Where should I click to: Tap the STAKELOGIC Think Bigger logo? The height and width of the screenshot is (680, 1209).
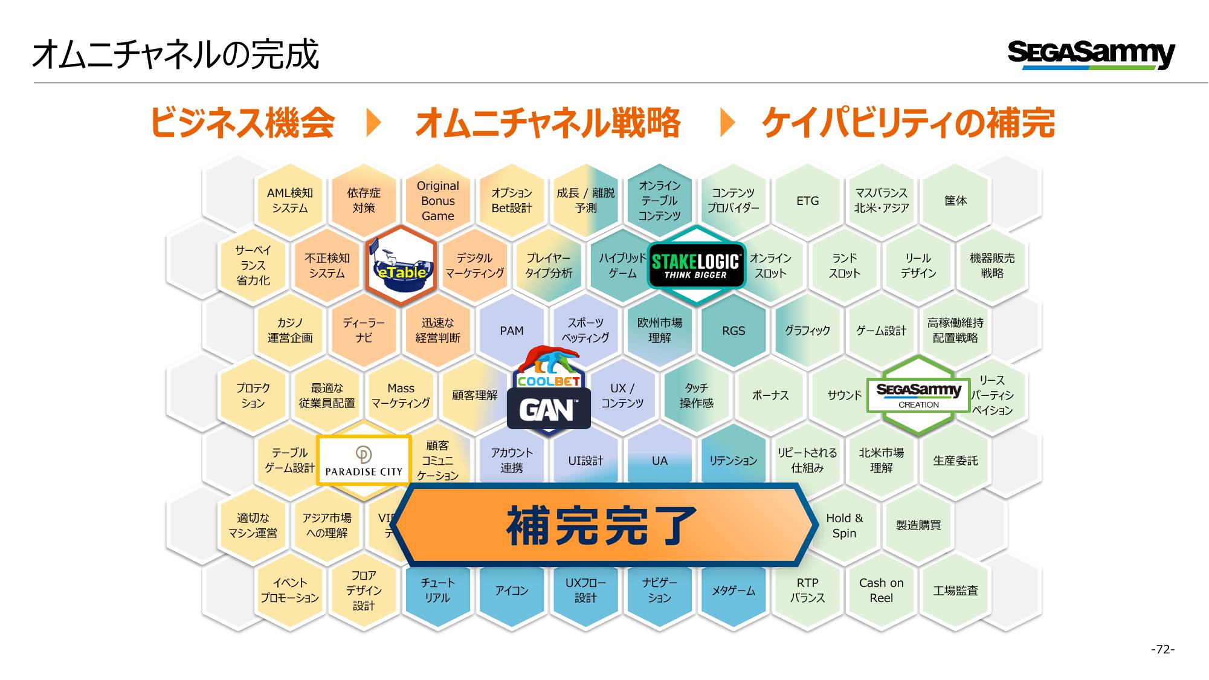(x=696, y=267)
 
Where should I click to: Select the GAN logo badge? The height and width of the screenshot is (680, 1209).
(x=549, y=409)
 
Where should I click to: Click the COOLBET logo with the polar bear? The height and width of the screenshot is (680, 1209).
(x=549, y=367)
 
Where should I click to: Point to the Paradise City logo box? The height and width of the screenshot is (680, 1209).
(x=364, y=460)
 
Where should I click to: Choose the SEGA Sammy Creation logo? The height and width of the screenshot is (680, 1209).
(x=918, y=395)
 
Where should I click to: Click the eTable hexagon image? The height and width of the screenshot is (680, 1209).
(x=401, y=266)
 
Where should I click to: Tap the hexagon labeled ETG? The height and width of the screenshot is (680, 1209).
(x=807, y=201)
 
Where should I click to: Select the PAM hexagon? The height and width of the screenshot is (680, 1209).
(x=512, y=331)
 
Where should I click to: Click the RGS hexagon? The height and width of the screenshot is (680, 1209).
(x=733, y=331)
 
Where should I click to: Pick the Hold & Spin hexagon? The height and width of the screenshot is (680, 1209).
(x=844, y=525)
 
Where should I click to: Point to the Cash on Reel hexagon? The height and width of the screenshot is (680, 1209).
(x=881, y=591)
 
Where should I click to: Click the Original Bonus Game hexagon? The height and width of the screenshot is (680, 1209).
(x=437, y=201)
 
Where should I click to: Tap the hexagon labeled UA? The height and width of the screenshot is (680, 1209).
(x=659, y=461)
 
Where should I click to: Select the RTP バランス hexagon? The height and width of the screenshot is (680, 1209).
(x=807, y=591)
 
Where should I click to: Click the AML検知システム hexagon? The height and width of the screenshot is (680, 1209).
(x=290, y=201)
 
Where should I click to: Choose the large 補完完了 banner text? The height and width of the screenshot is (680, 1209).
(x=602, y=525)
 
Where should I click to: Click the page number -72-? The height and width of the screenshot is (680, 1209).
(x=1162, y=650)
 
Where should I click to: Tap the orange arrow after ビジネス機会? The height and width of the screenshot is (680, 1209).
(x=375, y=123)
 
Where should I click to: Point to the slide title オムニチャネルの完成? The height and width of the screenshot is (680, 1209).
(x=176, y=55)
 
